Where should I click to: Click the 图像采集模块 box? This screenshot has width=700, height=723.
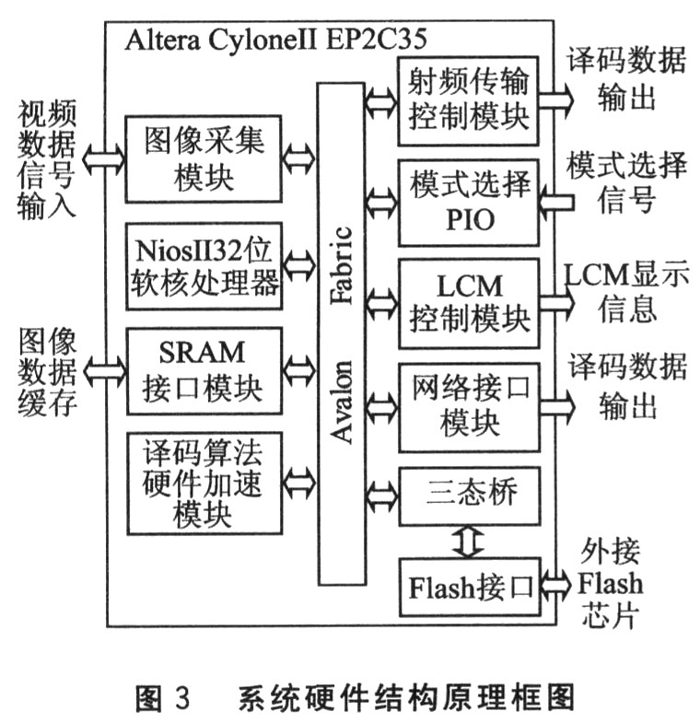pos(204,158)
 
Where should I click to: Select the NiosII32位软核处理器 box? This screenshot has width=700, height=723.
pos(204,266)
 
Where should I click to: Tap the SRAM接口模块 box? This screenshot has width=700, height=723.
pos(204,371)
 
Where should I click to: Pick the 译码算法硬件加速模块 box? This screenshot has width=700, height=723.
pos(204,482)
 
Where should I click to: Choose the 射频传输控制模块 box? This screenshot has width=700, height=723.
pos(468,100)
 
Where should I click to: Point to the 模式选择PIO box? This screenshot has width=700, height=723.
pos(468,203)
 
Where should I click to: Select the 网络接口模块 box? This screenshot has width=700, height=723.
pos(468,405)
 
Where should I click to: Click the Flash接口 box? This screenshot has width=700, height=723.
pos(468,587)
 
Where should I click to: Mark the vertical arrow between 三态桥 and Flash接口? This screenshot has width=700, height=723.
pos(468,541)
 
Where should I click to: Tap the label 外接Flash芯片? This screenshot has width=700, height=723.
pos(610,583)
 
